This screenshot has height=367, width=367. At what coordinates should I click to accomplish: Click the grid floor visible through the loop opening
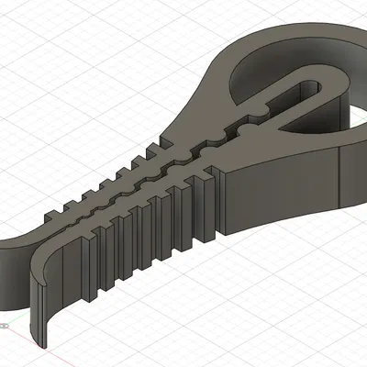click(353, 115)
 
